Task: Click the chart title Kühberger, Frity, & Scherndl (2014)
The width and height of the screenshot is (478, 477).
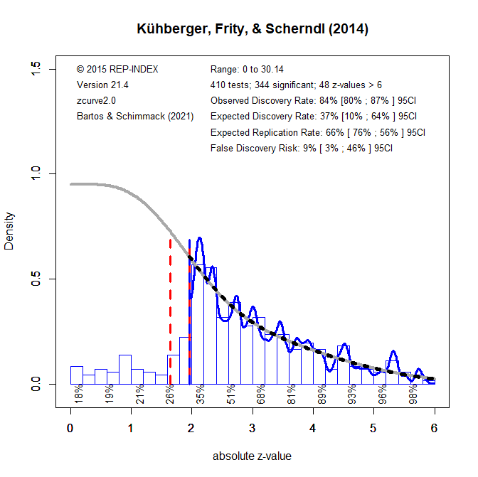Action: click(x=253, y=29)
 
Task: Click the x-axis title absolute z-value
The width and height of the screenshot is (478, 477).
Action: click(x=252, y=456)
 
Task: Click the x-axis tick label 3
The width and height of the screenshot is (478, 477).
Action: click(x=253, y=428)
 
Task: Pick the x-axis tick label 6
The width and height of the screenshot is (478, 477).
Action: click(x=434, y=428)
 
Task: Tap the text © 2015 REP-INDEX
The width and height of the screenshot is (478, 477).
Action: click(x=117, y=70)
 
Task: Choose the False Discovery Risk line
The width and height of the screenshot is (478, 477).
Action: click(x=302, y=148)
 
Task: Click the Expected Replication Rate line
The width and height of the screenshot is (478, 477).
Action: click(x=318, y=132)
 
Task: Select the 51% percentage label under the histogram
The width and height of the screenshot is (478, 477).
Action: click(x=231, y=394)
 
